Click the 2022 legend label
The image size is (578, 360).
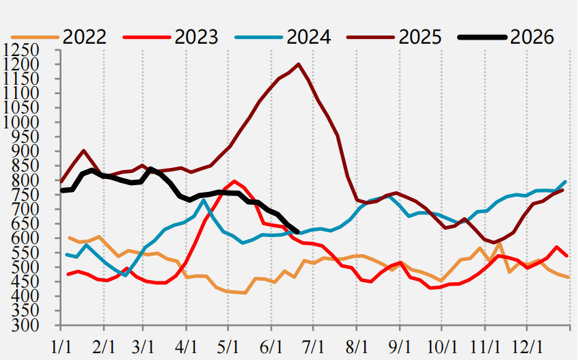pyautogui.click(x=85, y=37)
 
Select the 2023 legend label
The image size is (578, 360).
pyautogui.click(x=197, y=37)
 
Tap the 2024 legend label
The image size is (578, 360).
pyautogui.click(x=309, y=37)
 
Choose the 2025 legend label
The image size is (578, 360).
pyautogui.click(x=420, y=37)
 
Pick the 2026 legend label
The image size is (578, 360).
pyautogui.click(x=532, y=37)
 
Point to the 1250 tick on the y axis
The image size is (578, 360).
pyautogui.click(x=20, y=50)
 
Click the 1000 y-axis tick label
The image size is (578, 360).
pyautogui.click(x=20, y=122)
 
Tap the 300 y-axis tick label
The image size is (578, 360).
pyautogui.click(x=25, y=325)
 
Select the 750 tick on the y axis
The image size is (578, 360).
pyautogui.click(x=25, y=195)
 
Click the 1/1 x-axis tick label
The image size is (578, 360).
pyautogui.click(x=60, y=347)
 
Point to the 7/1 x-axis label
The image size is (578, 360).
pyautogui.click(x=313, y=347)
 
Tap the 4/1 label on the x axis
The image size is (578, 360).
pyautogui.click(x=186, y=347)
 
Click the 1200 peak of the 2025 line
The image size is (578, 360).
pyautogui.click(x=298, y=64)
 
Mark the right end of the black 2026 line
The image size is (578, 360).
pyautogui.click(x=298, y=232)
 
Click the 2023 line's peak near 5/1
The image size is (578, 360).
pyautogui.click(x=234, y=181)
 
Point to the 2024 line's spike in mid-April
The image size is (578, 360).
pyautogui.click(x=203, y=200)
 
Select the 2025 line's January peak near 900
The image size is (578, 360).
pyautogui.click(x=84, y=150)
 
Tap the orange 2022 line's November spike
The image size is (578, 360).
pyautogui.click(x=499, y=243)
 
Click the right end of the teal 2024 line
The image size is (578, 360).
pyautogui.click(x=566, y=181)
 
